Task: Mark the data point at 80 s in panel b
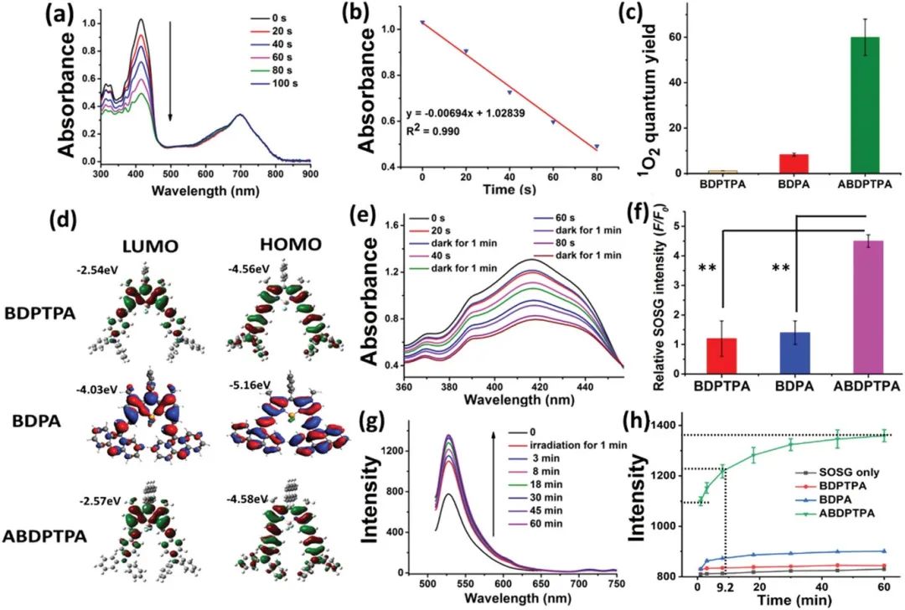pyautogui.click(x=597, y=147)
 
